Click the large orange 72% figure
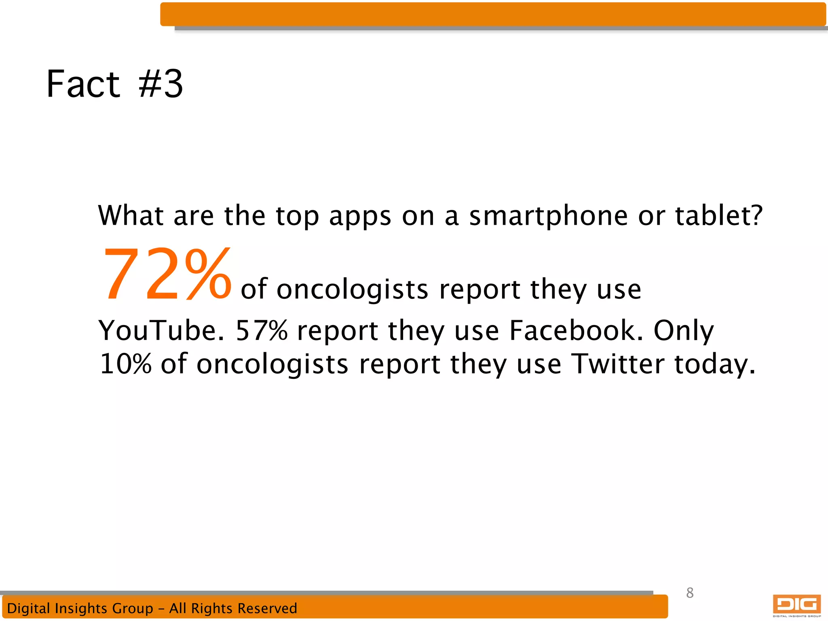tap(167, 275)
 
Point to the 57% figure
tap(261, 331)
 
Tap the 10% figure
tap(125, 364)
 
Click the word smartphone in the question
tap(548, 216)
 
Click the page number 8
tap(690, 593)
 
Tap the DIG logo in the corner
tap(796, 605)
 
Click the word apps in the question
tap(360, 217)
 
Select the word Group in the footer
tap(133, 608)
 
